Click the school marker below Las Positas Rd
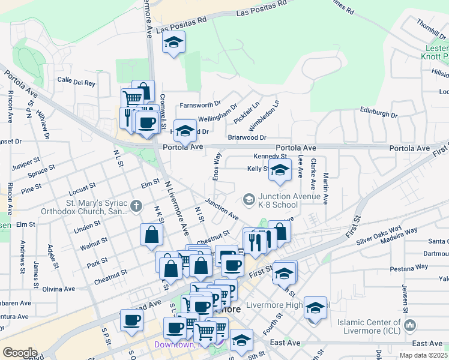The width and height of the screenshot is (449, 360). (x=174, y=42)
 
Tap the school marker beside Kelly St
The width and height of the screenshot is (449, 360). (x=280, y=170)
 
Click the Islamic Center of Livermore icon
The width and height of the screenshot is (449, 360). (x=411, y=325)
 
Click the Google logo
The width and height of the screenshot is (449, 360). (x=20, y=353)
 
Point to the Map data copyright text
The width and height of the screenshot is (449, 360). (x=423, y=355)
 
